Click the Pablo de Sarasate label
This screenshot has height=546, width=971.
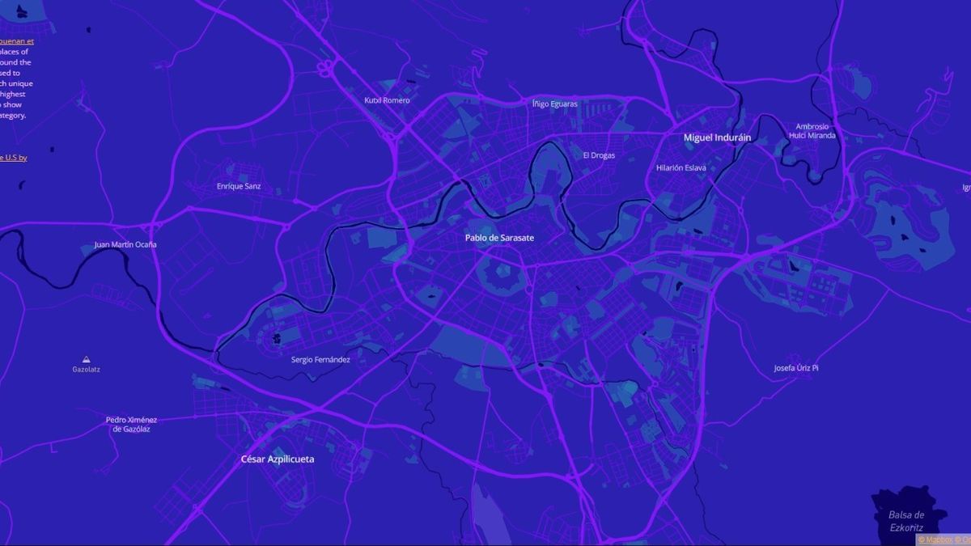click(499, 238)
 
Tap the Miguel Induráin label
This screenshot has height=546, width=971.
click(717, 138)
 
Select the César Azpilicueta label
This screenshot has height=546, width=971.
click(278, 459)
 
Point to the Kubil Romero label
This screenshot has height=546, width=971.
click(387, 100)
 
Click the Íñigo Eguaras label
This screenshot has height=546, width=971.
click(554, 104)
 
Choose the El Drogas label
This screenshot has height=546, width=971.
click(599, 155)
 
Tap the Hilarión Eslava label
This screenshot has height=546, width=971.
click(681, 167)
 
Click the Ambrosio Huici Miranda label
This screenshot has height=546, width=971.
click(812, 131)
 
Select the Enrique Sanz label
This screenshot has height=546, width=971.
click(239, 186)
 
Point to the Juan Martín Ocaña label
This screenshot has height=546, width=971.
click(125, 244)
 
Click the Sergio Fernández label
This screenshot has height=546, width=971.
click(320, 359)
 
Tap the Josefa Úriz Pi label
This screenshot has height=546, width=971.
click(796, 368)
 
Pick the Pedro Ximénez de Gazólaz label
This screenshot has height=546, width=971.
click(131, 424)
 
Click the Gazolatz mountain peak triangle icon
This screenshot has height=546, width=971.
click(86, 358)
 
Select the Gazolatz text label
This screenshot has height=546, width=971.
click(86, 370)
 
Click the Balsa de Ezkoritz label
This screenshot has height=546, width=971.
click(905, 521)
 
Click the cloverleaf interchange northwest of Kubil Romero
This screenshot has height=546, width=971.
click(326, 67)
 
